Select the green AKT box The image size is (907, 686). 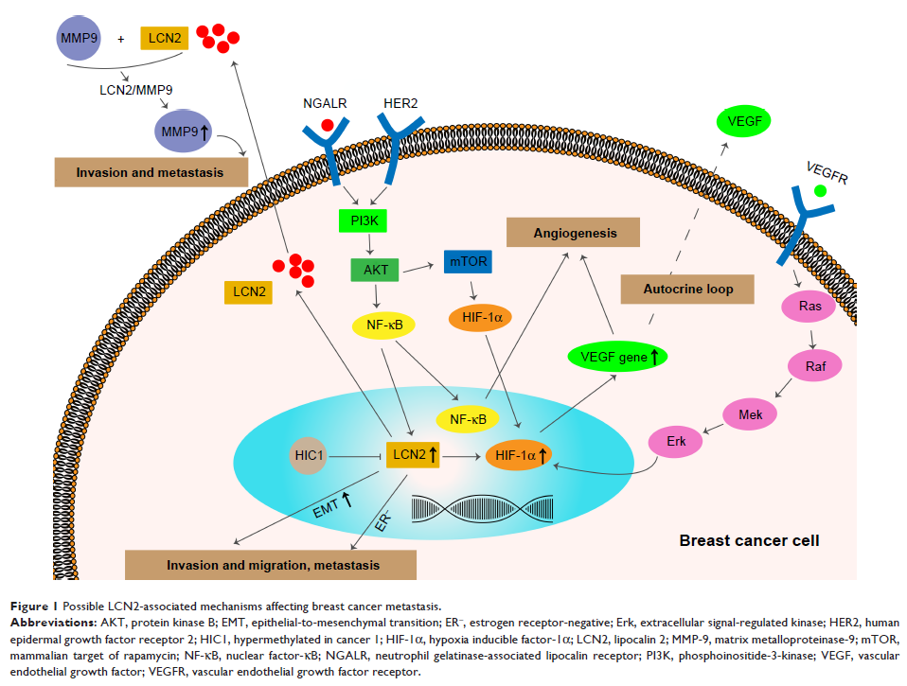(x=376, y=271)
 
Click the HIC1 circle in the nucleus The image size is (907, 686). (x=310, y=455)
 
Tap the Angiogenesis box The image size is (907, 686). (x=575, y=233)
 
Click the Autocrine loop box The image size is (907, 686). (x=687, y=289)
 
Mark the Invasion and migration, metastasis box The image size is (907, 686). (x=272, y=565)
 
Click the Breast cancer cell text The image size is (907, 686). (x=749, y=541)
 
